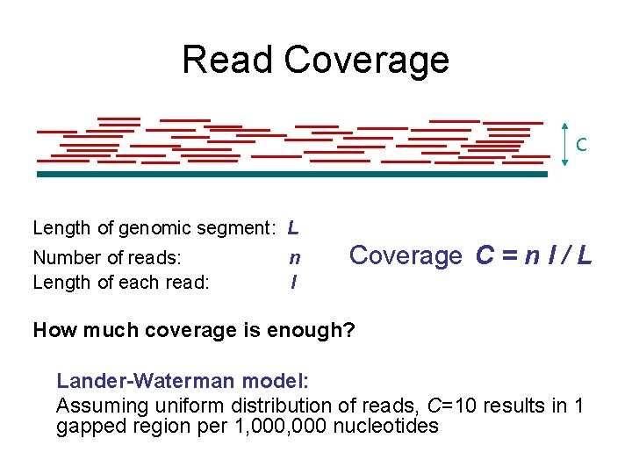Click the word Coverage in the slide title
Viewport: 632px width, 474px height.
[x=367, y=60]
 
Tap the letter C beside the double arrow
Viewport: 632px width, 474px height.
[x=581, y=144]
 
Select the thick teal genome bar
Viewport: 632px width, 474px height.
[x=291, y=175]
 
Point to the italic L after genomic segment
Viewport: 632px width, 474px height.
[x=293, y=227]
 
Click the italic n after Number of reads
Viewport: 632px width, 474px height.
[x=295, y=258]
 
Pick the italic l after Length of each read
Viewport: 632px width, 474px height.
[x=293, y=282]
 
